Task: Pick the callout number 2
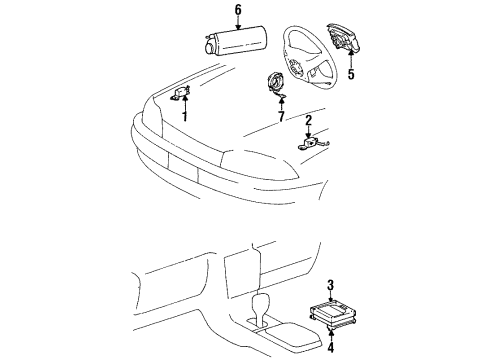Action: coord(309,123)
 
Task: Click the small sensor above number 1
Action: coord(182,92)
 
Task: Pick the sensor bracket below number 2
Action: coord(310,143)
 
